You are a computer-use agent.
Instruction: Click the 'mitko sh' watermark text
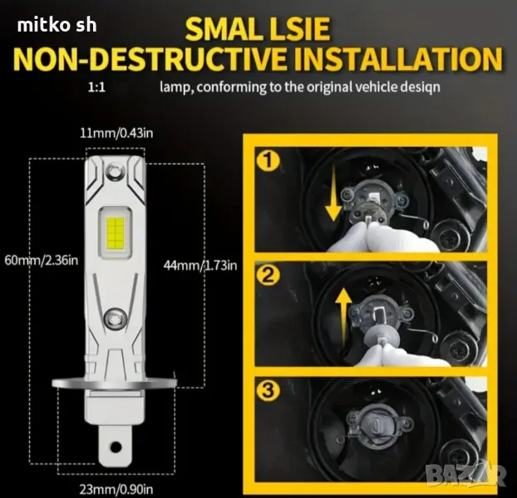pyautogui.click(x=57, y=26)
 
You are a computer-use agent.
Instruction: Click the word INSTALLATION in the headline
pyautogui.click(x=398, y=59)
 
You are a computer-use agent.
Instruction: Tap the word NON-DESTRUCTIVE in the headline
pyautogui.click(x=150, y=59)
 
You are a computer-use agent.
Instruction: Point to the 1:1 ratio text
pyautogui.click(x=96, y=87)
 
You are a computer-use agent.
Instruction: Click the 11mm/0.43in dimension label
pyautogui.click(x=116, y=134)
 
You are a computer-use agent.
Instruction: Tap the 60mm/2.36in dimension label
pyautogui.click(x=42, y=260)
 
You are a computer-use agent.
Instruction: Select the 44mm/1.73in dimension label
pyautogui.click(x=200, y=265)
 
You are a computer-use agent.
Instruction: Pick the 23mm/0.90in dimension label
pyautogui.click(x=116, y=490)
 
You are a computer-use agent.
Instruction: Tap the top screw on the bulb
pyautogui.click(x=114, y=170)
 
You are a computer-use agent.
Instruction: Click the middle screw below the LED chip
pyautogui.click(x=115, y=318)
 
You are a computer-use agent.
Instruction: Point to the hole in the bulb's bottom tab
pyautogui.click(x=116, y=447)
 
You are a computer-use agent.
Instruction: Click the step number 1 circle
pyautogui.click(x=268, y=161)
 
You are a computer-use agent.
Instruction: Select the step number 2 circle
pyautogui.click(x=268, y=276)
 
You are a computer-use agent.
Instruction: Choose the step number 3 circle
pyautogui.click(x=268, y=391)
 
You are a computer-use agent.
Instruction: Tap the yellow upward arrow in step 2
pyautogui.click(x=343, y=316)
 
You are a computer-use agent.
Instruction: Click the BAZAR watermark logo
pyautogui.click(x=465, y=475)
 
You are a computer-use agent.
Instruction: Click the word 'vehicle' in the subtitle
pyautogui.click(x=376, y=87)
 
